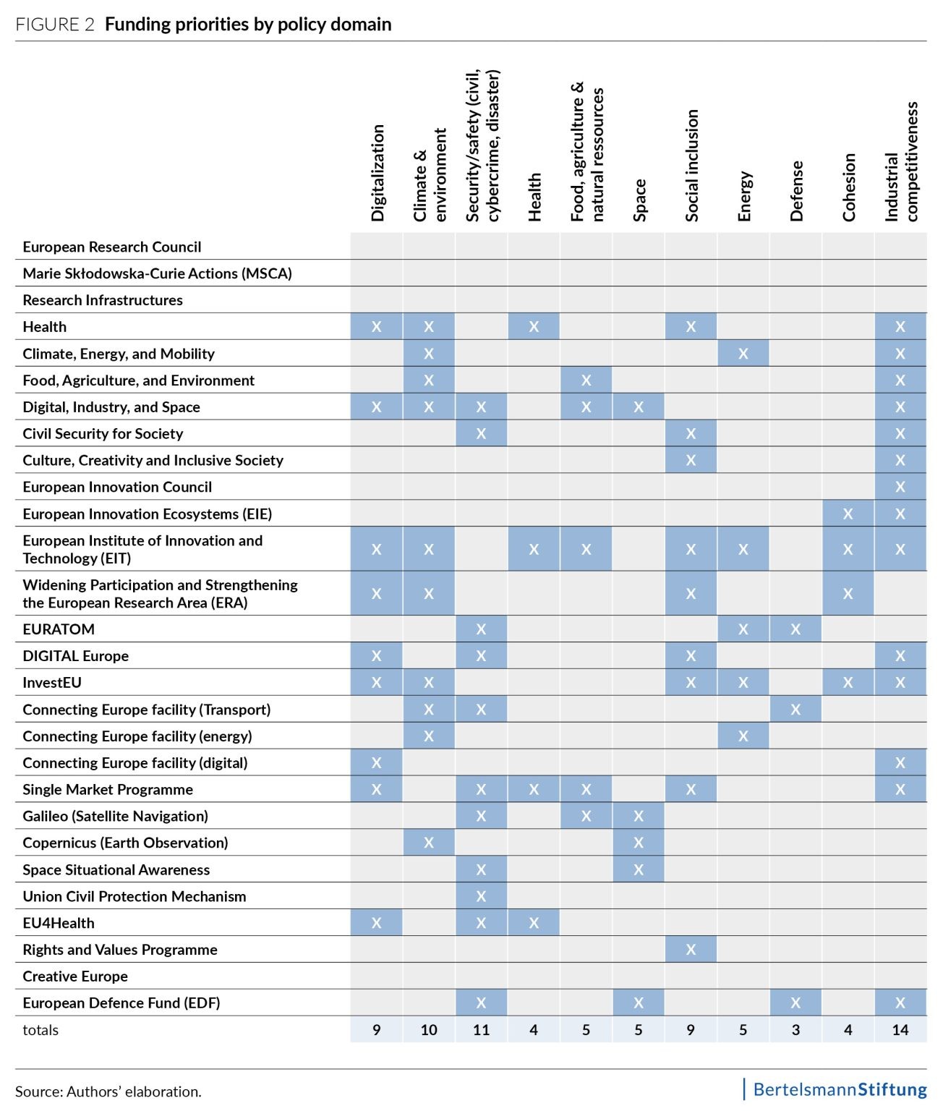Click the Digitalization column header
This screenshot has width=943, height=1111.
tap(377, 173)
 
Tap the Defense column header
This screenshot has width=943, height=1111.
tap(796, 191)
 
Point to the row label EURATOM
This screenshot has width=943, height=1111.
tap(59, 629)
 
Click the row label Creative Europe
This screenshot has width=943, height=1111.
tap(75, 976)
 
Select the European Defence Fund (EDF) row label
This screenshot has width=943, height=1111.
tap(121, 1003)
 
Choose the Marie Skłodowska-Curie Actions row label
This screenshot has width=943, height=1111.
tap(157, 273)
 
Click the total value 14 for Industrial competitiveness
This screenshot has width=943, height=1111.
tap(900, 1030)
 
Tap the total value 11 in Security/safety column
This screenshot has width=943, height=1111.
tap(481, 1030)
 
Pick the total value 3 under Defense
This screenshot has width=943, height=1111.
tap(795, 1030)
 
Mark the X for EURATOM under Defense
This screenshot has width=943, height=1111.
tap(795, 629)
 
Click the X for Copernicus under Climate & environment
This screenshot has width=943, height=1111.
tap(429, 843)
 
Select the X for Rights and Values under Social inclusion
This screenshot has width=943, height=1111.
tap(691, 950)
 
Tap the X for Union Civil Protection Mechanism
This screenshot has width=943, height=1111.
tap(481, 896)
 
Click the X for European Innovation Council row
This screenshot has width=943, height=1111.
tap(900, 487)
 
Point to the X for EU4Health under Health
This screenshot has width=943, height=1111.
tap(534, 923)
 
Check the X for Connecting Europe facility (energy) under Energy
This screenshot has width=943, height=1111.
tap(743, 736)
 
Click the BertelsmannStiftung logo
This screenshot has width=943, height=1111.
tap(839, 1089)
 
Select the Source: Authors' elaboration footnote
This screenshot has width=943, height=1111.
tap(108, 1091)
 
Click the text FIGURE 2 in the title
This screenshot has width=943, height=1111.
tap(55, 25)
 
